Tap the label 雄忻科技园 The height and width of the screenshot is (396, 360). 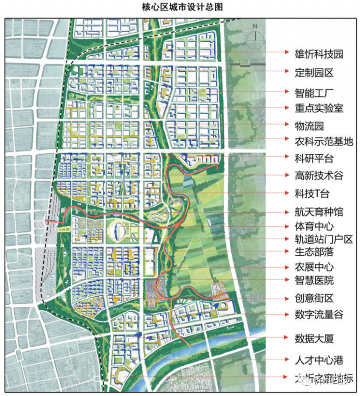[319, 54]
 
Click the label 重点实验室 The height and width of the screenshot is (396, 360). [319, 108]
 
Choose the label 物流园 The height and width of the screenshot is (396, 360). [309, 126]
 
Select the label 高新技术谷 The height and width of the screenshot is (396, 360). [319, 176]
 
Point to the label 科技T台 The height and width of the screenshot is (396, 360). [312, 194]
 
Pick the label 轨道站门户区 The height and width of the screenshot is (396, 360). [324, 239]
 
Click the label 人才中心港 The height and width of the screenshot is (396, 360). [319, 360]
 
